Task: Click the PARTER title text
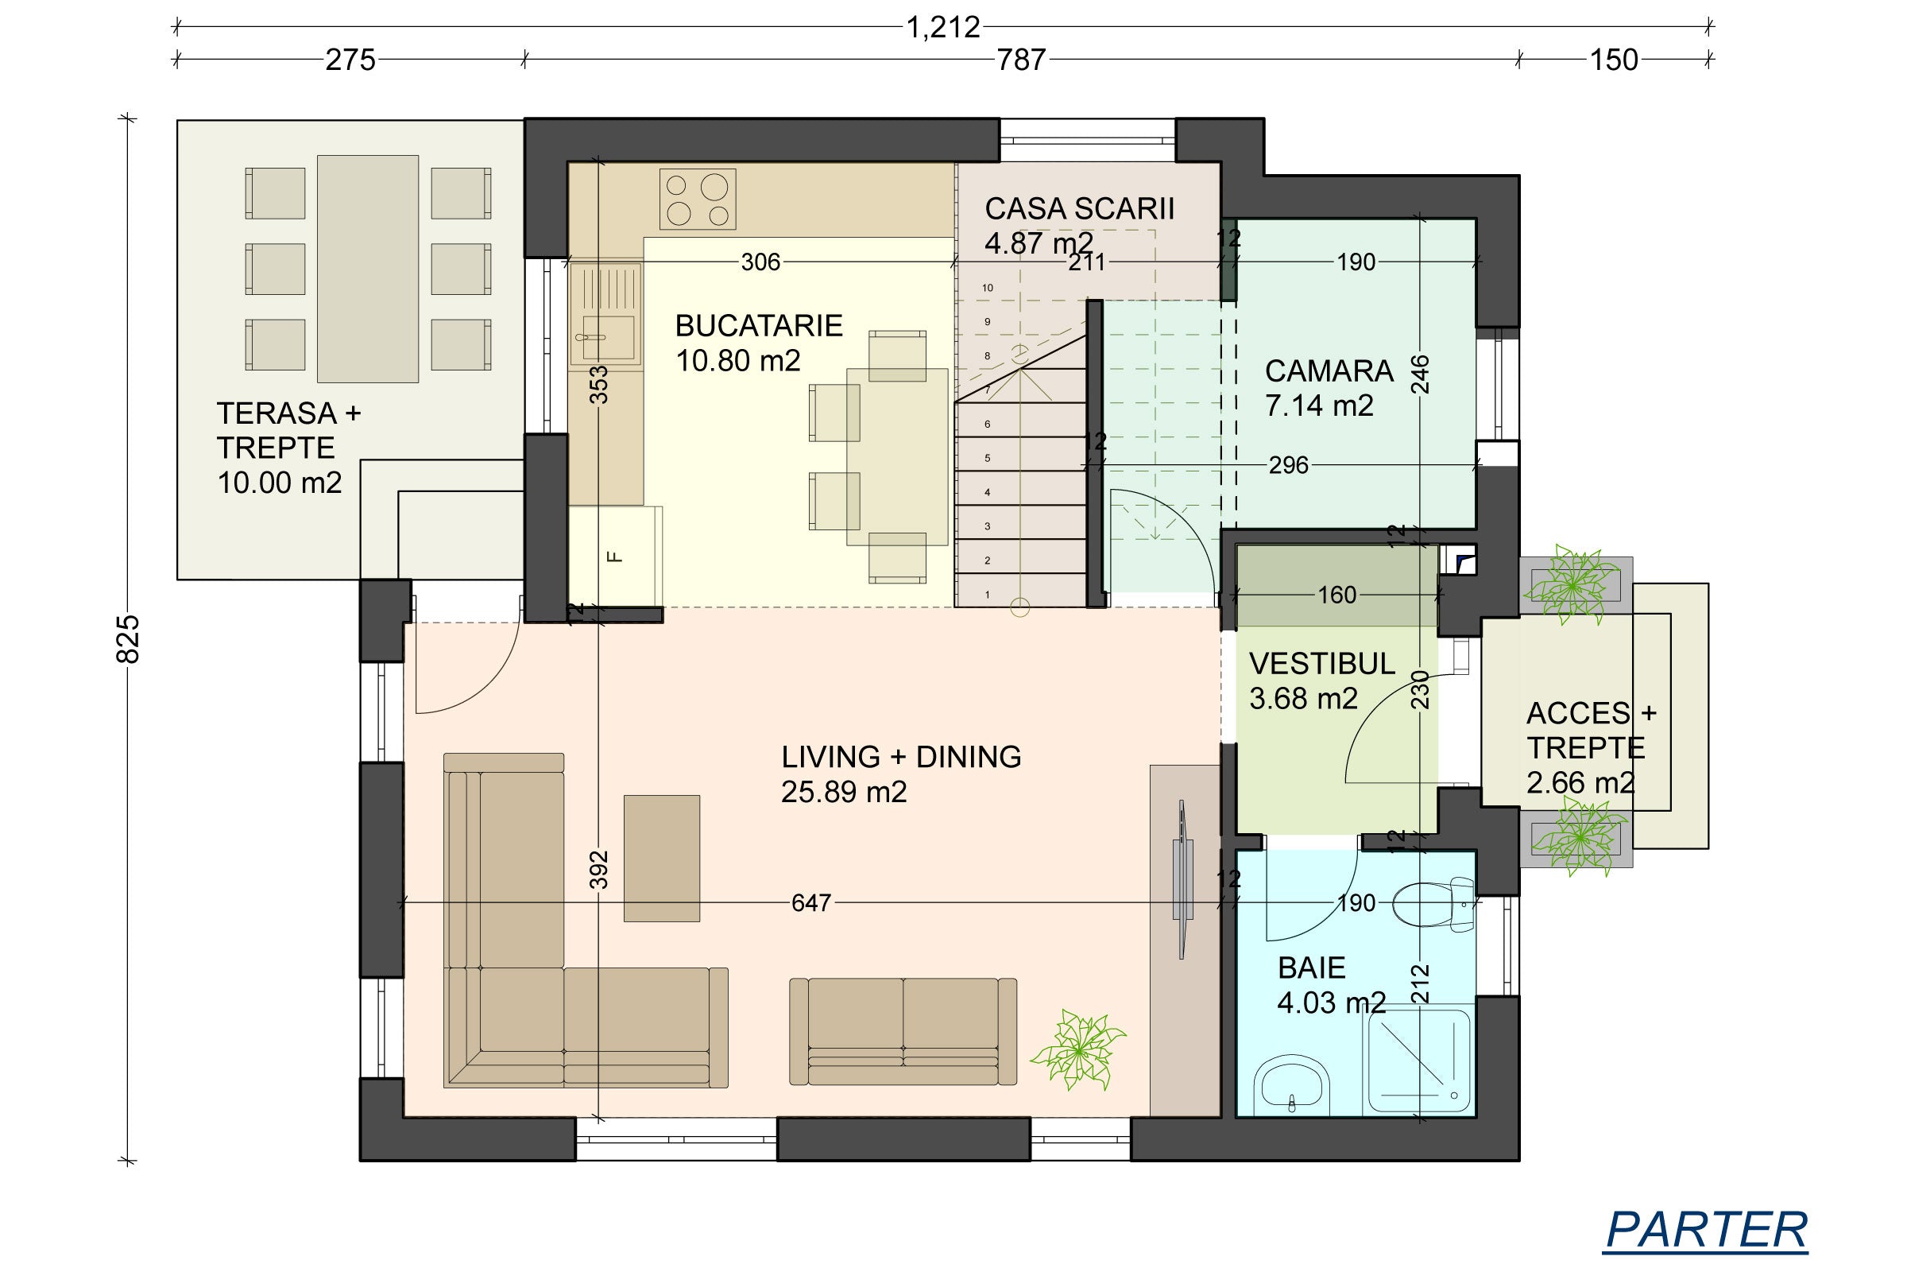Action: pyautogui.click(x=1707, y=1230)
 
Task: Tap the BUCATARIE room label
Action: pyautogui.click(x=759, y=325)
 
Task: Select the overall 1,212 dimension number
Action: pyautogui.click(x=943, y=28)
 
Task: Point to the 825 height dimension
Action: pyautogui.click(x=129, y=639)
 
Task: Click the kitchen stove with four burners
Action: pyautogui.click(x=698, y=199)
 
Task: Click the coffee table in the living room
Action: pyautogui.click(x=662, y=859)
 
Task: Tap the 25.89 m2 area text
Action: pyautogui.click(x=843, y=792)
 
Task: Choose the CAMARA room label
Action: pyautogui.click(x=1329, y=370)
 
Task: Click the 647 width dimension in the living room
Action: pyautogui.click(x=810, y=903)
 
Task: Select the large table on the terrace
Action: pyautogui.click(x=367, y=269)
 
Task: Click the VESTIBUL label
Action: pyautogui.click(x=1322, y=664)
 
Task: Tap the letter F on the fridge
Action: pyautogui.click(x=614, y=556)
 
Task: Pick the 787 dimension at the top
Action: pyautogui.click(x=1021, y=59)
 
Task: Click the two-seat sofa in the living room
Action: pyautogui.click(x=903, y=1031)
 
